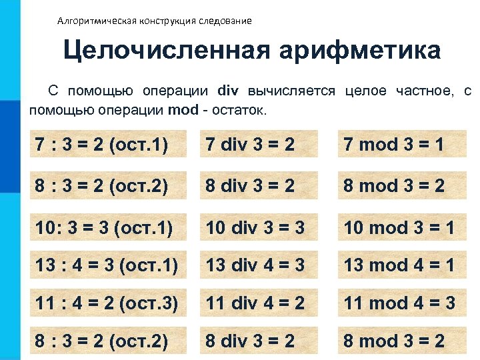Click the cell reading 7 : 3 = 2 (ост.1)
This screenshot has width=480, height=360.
click(101, 144)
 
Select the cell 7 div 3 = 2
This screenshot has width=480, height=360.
click(250, 144)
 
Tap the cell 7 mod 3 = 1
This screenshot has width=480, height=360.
click(393, 144)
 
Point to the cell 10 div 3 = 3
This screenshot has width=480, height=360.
click(255, 228)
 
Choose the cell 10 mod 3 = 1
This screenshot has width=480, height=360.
click(399, 228)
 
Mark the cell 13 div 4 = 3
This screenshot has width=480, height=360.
click(255, 265)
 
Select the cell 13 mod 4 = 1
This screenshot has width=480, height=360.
click(399, 265)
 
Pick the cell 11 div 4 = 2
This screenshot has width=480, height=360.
click(255, 303)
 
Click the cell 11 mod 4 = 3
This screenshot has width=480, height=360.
click(399, 303)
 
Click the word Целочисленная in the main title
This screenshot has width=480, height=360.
click(163, 51)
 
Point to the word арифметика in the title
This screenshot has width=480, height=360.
click(360, 51)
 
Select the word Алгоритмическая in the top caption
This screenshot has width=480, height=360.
click(97, 21)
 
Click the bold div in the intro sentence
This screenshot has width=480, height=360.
click(229, 91)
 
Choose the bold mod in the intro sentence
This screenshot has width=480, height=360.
click(183, 110)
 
